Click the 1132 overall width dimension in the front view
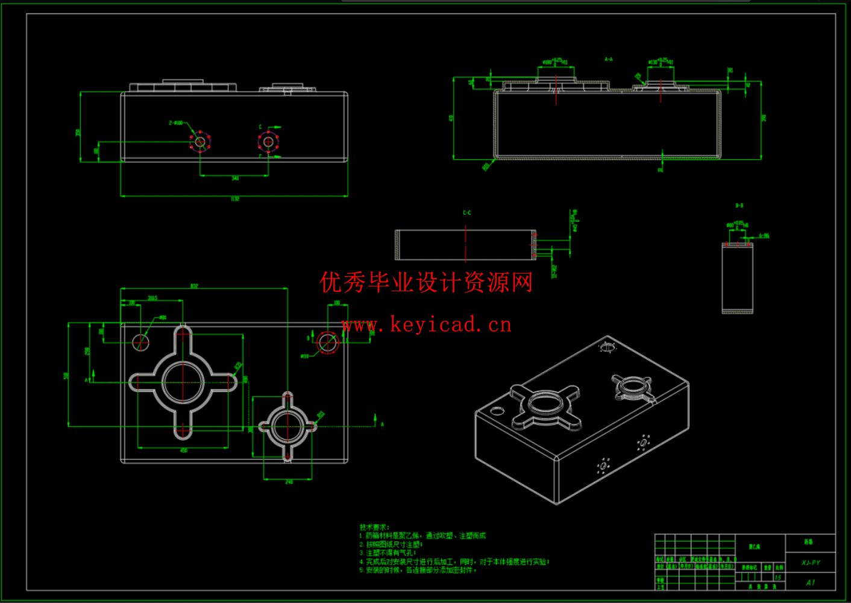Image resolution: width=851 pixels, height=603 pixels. [x=234, y=198]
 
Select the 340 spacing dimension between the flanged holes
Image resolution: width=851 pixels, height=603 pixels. [x=235, y=178]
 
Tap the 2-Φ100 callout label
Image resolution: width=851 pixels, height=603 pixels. [x=175, y=123]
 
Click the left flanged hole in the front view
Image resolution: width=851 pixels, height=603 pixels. [x=200, y=142]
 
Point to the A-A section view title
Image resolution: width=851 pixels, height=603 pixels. [x=609, y=60]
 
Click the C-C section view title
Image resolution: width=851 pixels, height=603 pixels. [x=467, y=213]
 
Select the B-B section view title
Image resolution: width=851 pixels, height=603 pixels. [x=739, y=206]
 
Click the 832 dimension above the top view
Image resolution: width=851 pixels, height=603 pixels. [x=194, y=286]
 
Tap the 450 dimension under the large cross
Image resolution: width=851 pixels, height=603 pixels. [x=183, y=450]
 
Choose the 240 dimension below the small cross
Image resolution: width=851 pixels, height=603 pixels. [x=289, y=482]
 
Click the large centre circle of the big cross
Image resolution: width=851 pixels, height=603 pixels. [x=183, y=382]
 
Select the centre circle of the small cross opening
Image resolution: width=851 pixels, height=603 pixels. [x=287, y=426]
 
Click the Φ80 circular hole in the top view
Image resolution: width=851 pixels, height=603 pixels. [x=140, y=343]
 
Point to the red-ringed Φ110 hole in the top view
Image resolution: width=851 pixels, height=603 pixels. [x=327, y=343]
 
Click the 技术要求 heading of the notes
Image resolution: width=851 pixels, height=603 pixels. [x=374, y=527]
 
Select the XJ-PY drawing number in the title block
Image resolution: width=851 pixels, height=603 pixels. [x=811, y=563]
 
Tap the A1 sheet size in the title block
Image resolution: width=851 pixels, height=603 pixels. [x=811, y=582]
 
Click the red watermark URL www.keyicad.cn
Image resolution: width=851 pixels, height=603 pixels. [x=426, y=325]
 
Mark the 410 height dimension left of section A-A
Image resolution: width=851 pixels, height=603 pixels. [x=451, y=118]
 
